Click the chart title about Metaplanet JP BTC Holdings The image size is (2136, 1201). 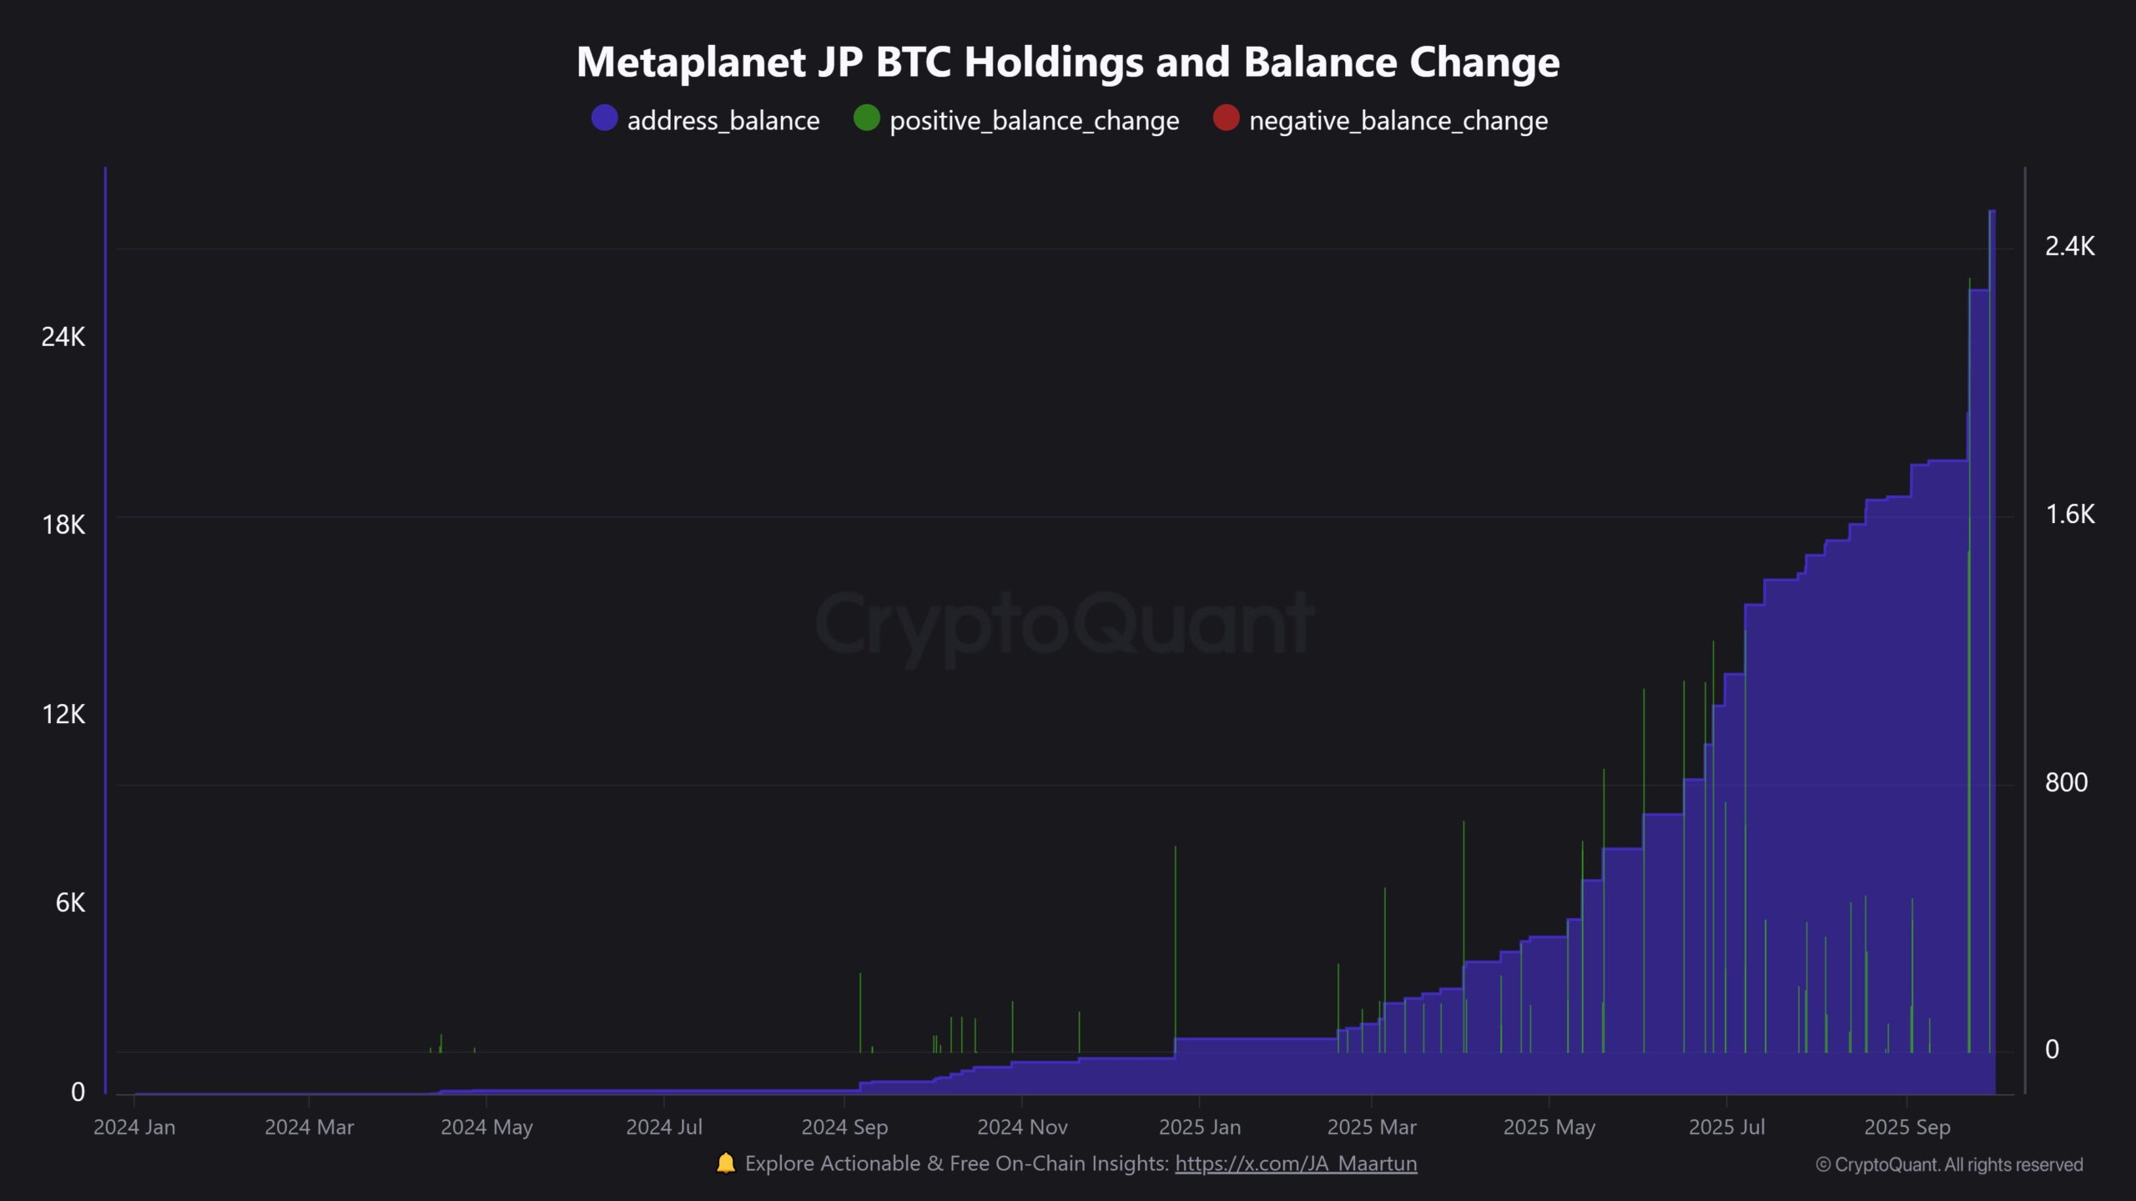click(x=1068, y=62)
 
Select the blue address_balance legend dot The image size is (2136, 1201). click(x=604, y=118)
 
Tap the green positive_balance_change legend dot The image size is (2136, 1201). click(x=867, y=118)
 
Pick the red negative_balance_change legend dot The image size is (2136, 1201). click(x=1226, y=118)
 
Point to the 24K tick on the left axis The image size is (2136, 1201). click(x=63, y=337)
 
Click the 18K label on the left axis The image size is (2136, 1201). click(x=63, y=525)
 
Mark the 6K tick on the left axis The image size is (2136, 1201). click(x=70, y=902)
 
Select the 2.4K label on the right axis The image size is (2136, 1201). click(x=2069, y=246)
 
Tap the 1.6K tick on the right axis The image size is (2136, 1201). click(x=2069, y=515)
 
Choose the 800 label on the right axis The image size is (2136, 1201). click(x=2066, y=782)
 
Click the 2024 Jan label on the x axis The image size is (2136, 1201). click(x=134, y=1128)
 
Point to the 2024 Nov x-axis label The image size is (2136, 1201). click(x=1022, y=1128)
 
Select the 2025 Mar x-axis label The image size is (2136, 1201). click(x=1372, y=1128)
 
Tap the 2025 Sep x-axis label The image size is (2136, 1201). click(x=1907, y=1128)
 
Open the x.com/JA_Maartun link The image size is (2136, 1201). click(x=1296, y=1163)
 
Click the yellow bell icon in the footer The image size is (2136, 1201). click(x=726, y=1163)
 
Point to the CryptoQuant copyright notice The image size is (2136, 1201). click(x=1949, y=1165)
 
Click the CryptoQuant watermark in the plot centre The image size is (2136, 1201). click(x=1064, y=624)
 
